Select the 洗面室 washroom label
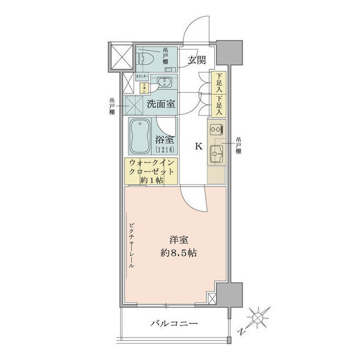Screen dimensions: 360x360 (160, 103)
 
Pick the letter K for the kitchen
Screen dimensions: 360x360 (198, 147)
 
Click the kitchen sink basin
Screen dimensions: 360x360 (215, 152)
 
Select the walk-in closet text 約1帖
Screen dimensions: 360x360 (152, 181)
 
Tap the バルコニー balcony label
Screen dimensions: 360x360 (174, 323)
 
